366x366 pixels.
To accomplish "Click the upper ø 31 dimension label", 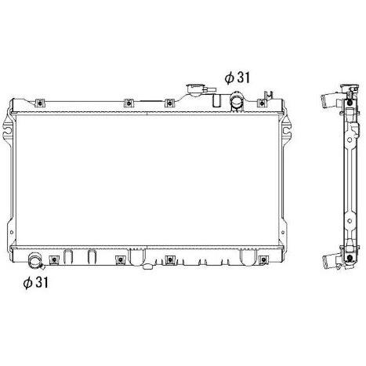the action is [237, 78].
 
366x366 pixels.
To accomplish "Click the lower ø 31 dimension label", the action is [35, 282].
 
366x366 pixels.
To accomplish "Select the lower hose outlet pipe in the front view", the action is [35, 260].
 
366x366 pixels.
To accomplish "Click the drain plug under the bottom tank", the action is [148, 266].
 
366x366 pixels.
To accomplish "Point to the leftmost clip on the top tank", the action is [40, 103].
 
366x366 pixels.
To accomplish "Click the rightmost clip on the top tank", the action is [262, 103].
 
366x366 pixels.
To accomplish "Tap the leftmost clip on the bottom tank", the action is [54, 260].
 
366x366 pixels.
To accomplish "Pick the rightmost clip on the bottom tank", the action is [263, 260].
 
